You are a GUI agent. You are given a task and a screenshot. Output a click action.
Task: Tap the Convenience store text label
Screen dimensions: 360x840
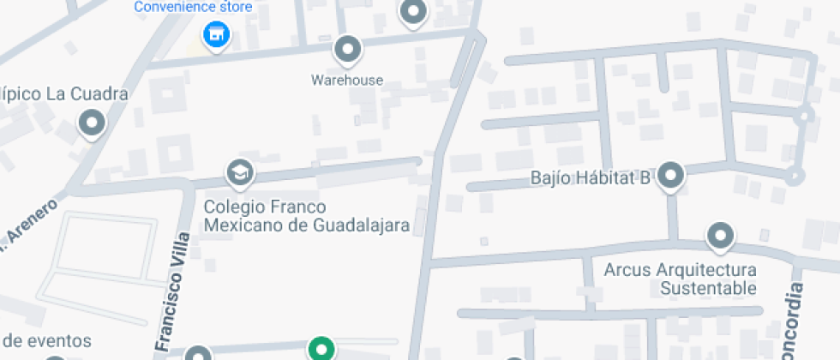[193, 8]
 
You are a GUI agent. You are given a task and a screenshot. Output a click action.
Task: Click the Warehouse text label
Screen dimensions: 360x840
[346, 81]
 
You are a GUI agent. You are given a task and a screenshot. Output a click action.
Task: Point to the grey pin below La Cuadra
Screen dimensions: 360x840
[91, 123]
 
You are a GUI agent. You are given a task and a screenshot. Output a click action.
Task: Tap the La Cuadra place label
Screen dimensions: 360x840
[64, 93]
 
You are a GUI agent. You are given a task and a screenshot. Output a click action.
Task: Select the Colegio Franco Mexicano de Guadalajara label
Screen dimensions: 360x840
[306, 216]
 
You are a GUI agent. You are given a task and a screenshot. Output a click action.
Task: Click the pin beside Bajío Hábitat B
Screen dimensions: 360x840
[671, 176]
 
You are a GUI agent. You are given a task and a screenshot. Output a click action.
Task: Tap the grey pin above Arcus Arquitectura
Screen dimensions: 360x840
[720, 235]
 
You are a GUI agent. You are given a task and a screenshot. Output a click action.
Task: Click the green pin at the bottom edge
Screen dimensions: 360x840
[321, 349]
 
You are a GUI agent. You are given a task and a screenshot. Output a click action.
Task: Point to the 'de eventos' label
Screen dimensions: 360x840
[47, 340]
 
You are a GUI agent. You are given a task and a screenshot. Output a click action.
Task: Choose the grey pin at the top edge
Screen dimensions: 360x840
[414, 12]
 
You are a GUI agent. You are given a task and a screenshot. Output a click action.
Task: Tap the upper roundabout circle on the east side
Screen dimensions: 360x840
[805, 116]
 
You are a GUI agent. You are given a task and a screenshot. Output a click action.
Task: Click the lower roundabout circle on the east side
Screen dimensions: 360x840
[796, 177]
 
